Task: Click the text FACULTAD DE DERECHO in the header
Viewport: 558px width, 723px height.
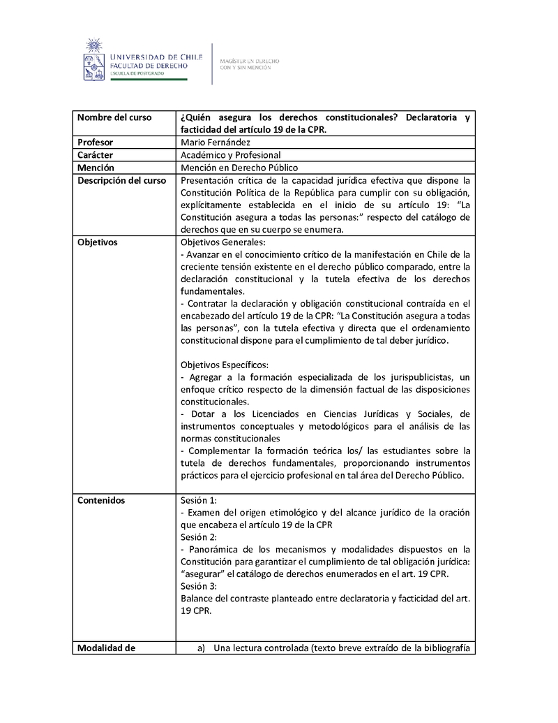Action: pos(149,66)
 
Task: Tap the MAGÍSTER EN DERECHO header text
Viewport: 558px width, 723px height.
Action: pos(249,61)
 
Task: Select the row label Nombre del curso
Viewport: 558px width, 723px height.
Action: pos(114,117)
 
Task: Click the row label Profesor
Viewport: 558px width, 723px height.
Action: pos(96,142)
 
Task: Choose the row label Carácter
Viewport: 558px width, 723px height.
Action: pos(96,154)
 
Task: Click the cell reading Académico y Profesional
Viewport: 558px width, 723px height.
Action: pos(230,154)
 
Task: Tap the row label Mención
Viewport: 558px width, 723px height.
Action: pos(96,168)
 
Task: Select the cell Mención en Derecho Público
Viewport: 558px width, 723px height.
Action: pos(239,168)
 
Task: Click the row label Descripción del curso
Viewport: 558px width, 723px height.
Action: pos(121,180)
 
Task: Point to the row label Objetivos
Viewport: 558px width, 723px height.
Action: pos(98,242)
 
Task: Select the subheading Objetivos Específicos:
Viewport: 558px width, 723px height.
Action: pos(225,365)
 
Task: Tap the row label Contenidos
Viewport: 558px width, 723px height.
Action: pos(101,500)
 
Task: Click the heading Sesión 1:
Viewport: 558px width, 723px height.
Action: pos(199,500)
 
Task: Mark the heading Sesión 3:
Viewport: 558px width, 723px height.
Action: pos(199,585)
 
